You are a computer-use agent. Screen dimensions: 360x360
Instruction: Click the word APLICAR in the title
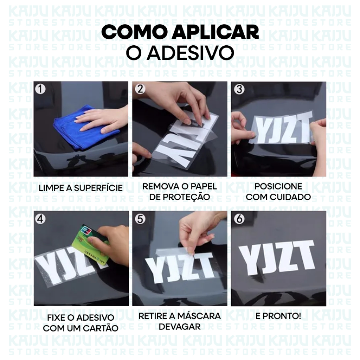[x=216, y=33]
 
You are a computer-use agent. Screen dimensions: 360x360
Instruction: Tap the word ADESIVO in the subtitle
[x=190, y=53]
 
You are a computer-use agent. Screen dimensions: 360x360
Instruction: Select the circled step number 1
[x=40, y=89]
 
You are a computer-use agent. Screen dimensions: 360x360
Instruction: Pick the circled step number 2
[x=140, y=89]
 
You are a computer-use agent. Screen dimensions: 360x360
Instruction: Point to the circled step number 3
[x=239, y=89]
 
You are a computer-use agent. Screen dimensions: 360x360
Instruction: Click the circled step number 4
[x=40, y=219]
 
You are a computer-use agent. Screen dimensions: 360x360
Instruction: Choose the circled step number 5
[x=140, y=219]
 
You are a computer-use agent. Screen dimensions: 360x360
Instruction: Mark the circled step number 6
[x=239, y=219]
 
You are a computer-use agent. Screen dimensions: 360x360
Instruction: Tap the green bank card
[x=91, y=245]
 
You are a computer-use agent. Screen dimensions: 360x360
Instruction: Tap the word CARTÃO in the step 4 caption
[x=103, y=328]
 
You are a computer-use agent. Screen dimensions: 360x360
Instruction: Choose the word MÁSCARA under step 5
[x=199, y=316]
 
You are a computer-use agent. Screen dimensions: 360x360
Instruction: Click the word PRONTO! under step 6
[x=284, y=316]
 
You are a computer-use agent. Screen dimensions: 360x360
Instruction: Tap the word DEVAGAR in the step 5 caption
[x=180, y=327]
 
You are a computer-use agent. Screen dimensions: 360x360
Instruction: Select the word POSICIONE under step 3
[x=278, y=186]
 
